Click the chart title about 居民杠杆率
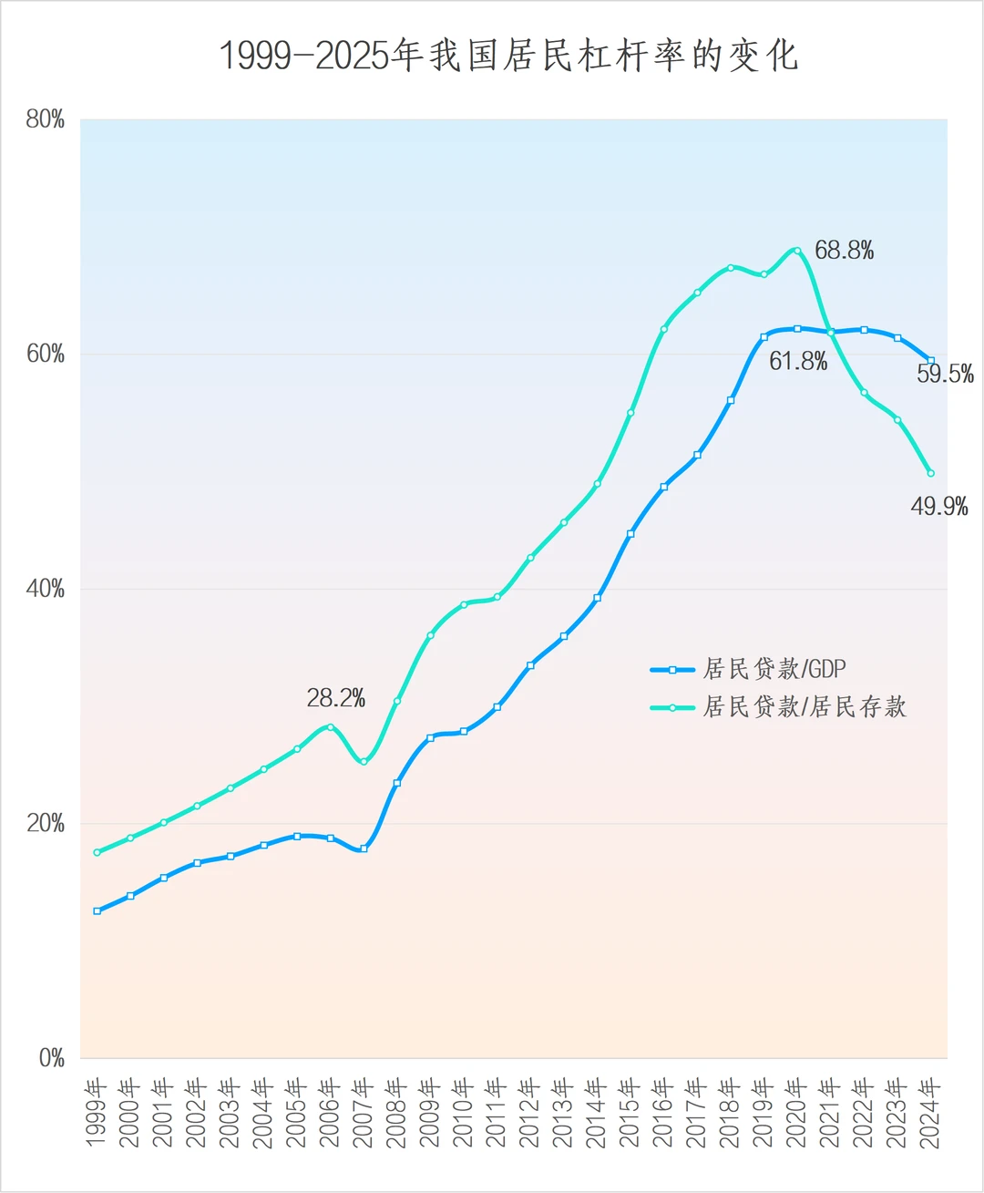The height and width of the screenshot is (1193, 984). (508, 56)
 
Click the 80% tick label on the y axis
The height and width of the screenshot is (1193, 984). (46, 119)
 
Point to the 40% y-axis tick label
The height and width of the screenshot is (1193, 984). (46, 589)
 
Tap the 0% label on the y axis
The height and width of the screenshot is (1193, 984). (51, 1058)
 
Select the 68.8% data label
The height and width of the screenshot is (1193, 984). (844, 251)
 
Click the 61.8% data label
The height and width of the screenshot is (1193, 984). (798, 362)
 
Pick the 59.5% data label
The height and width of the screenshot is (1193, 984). (945, 374)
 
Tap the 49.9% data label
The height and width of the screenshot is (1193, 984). (939, 507)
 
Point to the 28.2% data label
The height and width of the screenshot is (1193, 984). (335, 699)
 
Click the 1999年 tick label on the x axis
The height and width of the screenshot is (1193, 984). (97, 1113)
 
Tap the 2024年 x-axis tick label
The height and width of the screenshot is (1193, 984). (930, 1113)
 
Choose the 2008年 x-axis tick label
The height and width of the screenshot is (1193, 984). (396, 1113)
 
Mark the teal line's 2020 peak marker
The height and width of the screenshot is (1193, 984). (797, 251)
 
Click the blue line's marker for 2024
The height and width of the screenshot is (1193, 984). (930, 361)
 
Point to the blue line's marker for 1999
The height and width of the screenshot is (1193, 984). (97, 910)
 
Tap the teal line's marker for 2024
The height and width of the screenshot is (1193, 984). (930, 473)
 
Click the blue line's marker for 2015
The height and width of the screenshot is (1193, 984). (630, 534)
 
